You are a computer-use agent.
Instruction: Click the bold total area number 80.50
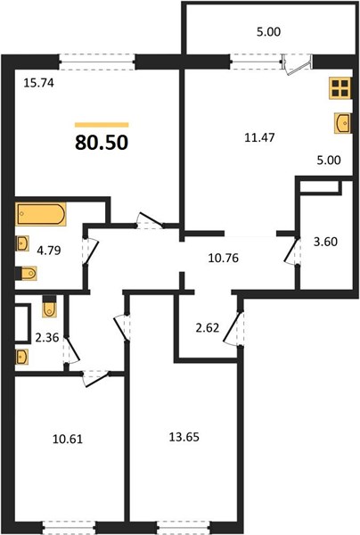[102, 143]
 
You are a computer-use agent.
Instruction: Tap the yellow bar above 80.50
[102, 125]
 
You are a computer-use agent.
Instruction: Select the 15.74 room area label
[38, 83]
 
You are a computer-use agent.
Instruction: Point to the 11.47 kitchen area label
[259, 137]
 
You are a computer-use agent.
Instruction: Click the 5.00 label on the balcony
[268, 32]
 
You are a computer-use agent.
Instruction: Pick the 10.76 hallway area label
[224, 258]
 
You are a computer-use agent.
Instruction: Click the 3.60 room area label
[325, 242]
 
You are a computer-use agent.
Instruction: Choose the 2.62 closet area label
[208, 328]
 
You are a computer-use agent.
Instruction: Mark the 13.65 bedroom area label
[184, 437]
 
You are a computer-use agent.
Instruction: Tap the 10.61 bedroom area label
[68, 439]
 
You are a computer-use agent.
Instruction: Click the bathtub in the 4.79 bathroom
[41, 214]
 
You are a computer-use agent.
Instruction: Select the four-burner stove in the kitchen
[340, 88]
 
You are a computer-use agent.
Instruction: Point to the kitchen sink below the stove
[342, 123]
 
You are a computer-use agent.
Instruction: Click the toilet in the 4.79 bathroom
[26, 274]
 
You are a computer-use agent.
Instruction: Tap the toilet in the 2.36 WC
[49, 307]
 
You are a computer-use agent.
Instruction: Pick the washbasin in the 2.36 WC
[21, 357]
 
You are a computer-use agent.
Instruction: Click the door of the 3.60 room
[292, 251]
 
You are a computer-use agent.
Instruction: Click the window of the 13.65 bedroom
[184, 528]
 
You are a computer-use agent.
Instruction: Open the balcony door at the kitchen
[298, 64]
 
